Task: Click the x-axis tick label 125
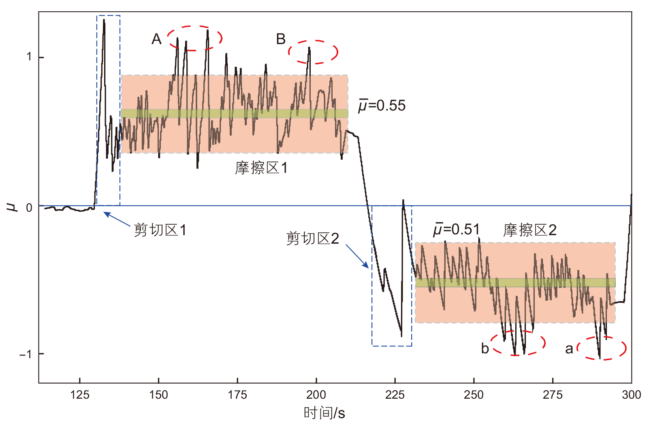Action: (x=80, y=395)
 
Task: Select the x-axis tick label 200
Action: (x=316, y=395)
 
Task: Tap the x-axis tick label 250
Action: (x=474, y=395)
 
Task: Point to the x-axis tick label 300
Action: (x=631, y=395)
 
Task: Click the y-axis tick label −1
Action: (x=25, y=354)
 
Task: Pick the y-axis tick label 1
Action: (x=29, y=57)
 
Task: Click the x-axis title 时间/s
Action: (x=324, y=413)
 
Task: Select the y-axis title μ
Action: (x=13, y=207)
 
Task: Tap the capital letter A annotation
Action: (x=156, y=39)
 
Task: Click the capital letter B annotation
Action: (x=281, y=39)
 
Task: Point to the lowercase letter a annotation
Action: (x=569, y=348)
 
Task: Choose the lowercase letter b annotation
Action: (x=485, y=348)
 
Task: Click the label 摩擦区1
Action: (x=261, y=168)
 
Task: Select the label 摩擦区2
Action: (x=529, y=230)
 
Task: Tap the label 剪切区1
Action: (x=160, y=230)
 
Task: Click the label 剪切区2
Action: (x=312, y=238)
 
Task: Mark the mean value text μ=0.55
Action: (x=382, y=106)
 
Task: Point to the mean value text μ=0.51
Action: (x=457, y=229)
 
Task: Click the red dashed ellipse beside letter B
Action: (x=313, y=52)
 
